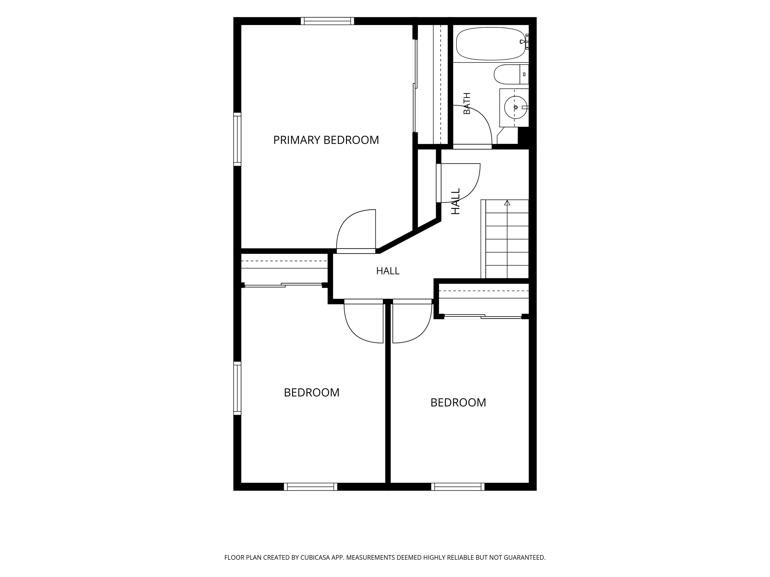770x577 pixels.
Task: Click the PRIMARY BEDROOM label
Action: pyautogui.click(x=326, y=140)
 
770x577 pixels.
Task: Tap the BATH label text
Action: pyautogui.click(x=467, y=103)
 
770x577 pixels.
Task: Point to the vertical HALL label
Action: pyautogui.click(x=456, y=201)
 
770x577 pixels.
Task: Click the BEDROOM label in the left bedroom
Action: pyautogui.click(x=312, y=392)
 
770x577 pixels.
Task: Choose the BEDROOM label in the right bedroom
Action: pyautogui.click(x=458, y=402)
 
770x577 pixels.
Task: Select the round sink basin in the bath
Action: pyautogui.click(x=516, y=107)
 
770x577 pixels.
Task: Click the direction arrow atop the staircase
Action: pyautogui.click(x=507, y=202)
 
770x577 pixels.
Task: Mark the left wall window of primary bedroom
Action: pyautogui.click(x=237, y=139)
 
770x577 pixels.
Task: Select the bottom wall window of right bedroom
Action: pyautogui.click(x=458, y=487)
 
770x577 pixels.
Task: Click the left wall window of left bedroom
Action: pyautogui.click(x=237, y=388)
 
